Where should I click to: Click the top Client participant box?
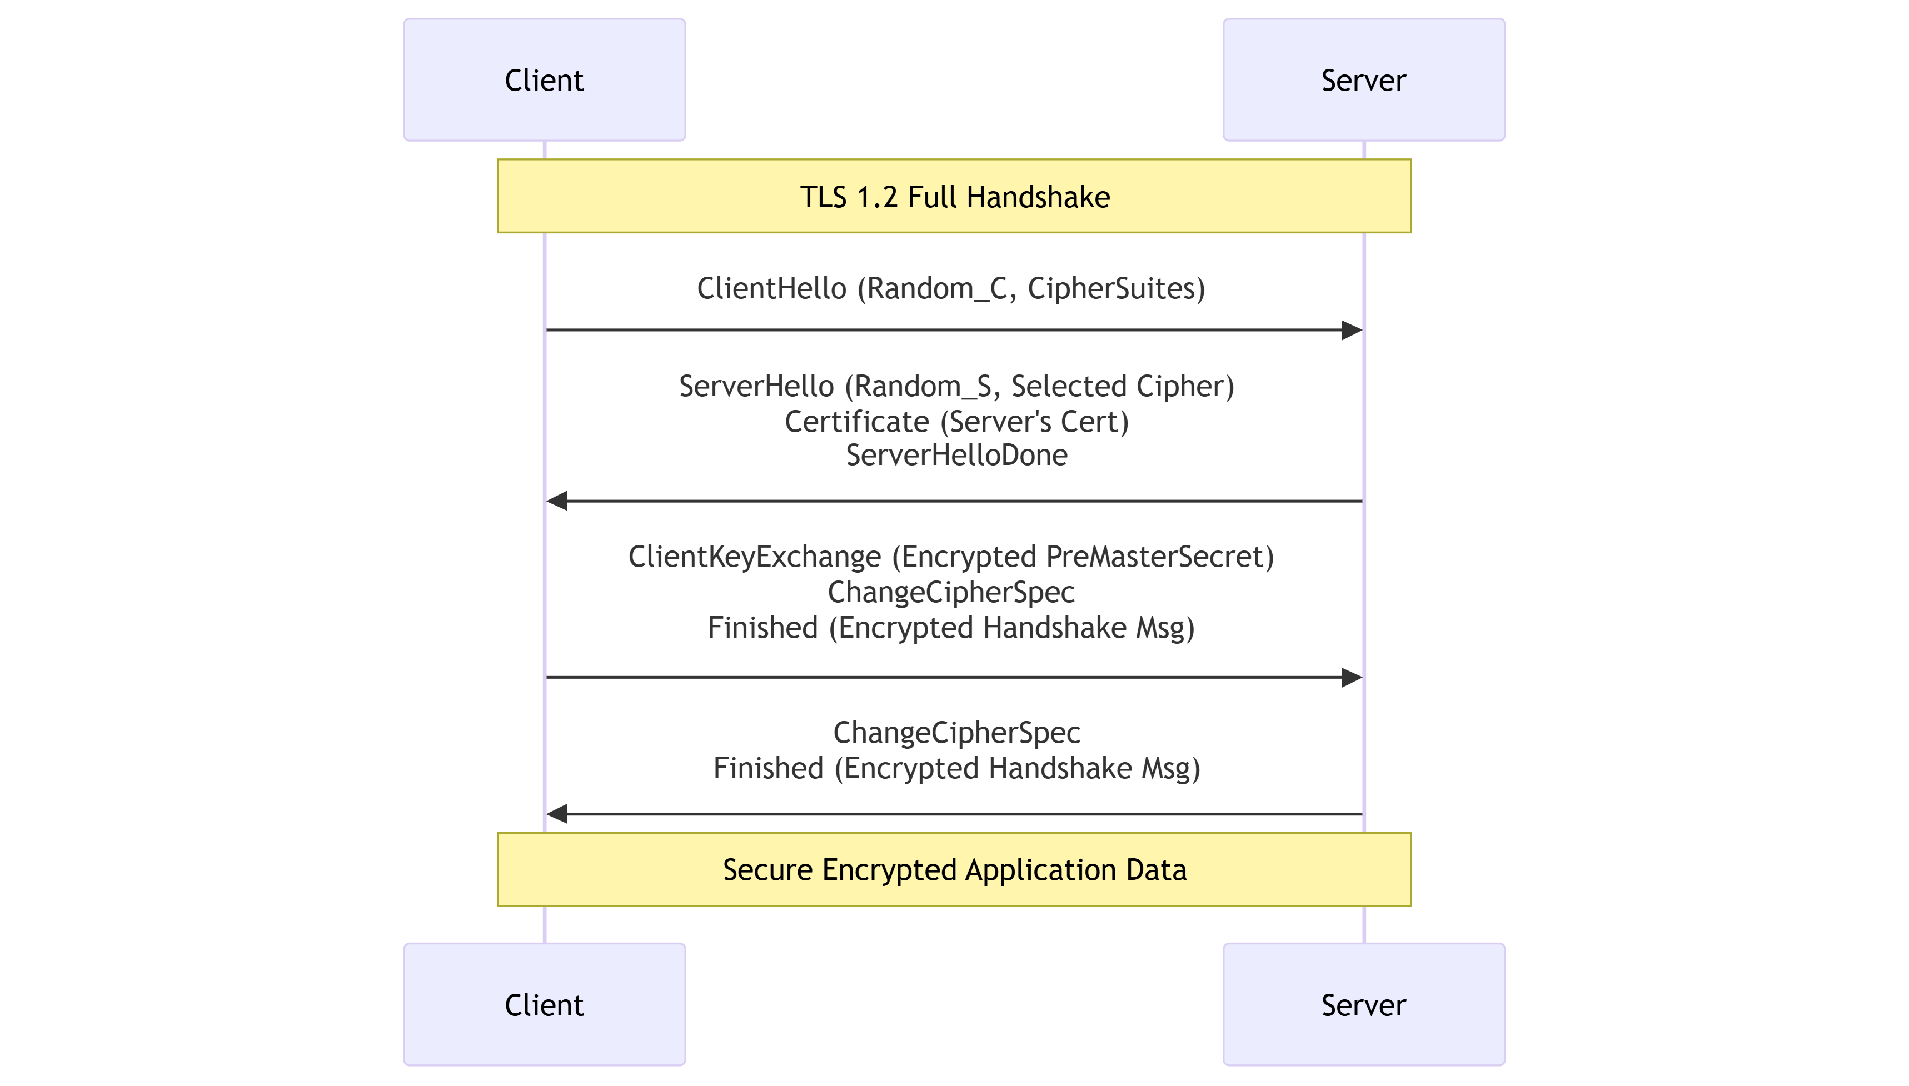(x=544, y=80)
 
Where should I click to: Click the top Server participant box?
(x=1364, y=80)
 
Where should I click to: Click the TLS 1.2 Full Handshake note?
(x=954, y=196)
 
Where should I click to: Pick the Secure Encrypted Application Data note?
(x=954, y=870)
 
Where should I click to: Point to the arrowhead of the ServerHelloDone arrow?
(x=556, y=501)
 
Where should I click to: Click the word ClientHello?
(x=771, y=289)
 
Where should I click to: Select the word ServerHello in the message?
(x=756, y=387)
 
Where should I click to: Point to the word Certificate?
(x=856, y=422)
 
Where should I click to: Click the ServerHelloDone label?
(x=956, y=455)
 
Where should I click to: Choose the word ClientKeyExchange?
(x=754, y=557)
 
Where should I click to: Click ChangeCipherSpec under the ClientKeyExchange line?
(x=951, y=592)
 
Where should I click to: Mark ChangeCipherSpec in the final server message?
(x=956, y=733)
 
